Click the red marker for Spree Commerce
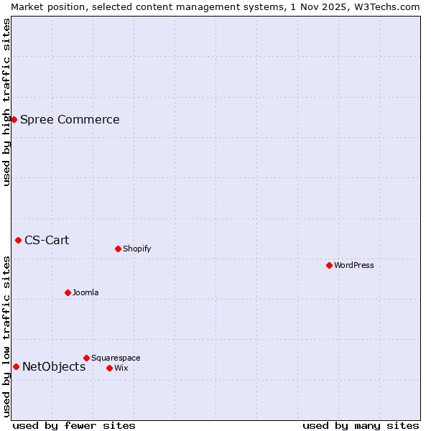pos(14,119)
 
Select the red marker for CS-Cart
pos(19,240)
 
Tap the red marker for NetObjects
pos(16,366)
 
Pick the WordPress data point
pos(329,265)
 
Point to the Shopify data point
pos(118,249)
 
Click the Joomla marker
pos(68,292)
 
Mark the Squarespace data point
pos(86,358)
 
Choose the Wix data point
pos(109,368)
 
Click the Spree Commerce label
pos(70,119)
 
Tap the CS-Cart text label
pos(47,240)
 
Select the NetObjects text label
pos(54,366)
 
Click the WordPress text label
pos(354,265)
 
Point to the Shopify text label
pos(137,249)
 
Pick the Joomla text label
pos(85,292)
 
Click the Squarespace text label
pos(116,358)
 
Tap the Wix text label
pos(121,368)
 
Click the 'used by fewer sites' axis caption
pos(74,425)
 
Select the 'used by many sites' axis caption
pos(361,425)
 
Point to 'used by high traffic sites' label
pos(6,102)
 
